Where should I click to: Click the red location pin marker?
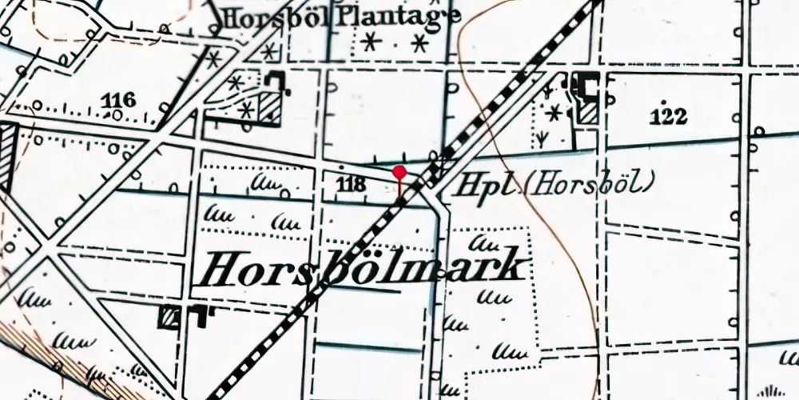point(399,173)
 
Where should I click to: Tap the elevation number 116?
point(119,99)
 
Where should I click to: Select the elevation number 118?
point(352,185)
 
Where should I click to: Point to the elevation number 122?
point(668,117)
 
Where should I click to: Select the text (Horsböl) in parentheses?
point(589,184)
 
